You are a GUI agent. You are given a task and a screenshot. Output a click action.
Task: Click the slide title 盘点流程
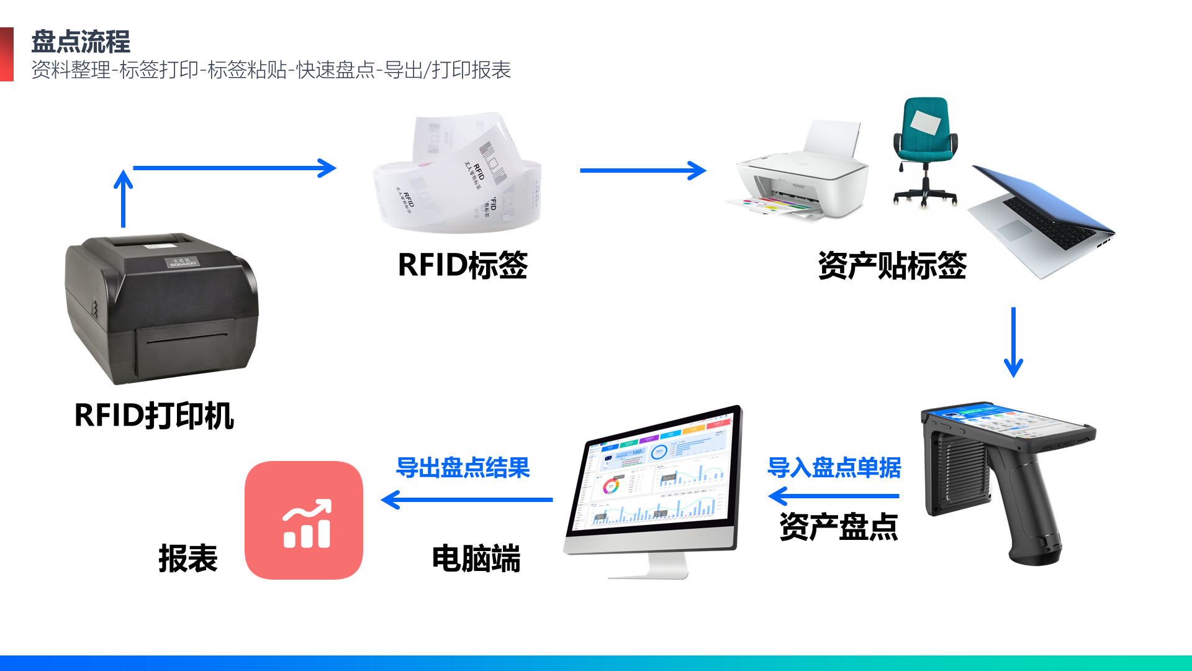[x=81, y=42]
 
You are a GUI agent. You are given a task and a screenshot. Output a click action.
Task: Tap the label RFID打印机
[x=154, y=416]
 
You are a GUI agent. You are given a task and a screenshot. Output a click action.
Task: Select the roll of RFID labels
[x=458, y=177]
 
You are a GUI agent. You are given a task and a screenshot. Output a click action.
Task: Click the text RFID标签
[x=463, y=265]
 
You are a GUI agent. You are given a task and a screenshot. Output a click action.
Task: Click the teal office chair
[x=925, y=149]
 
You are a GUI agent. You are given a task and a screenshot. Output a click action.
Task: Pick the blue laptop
[x=1043, y=221]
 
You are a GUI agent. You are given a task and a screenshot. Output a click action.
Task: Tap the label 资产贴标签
[x=892, y=265]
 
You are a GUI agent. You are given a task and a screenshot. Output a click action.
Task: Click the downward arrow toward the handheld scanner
[x=1013, y=342]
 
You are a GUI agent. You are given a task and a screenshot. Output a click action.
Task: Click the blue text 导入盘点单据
[x=834, y=467]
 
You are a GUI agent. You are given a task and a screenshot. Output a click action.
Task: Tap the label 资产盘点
[x=839, y=527]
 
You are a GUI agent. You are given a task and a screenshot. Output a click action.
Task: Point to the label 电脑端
[x=476, y=558]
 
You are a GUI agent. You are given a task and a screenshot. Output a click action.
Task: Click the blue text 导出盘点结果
[x=463, y=467]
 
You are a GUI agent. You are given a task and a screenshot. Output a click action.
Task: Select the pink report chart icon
[x=304, y=520]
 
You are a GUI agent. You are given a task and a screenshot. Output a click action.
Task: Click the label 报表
[x=187, y=558]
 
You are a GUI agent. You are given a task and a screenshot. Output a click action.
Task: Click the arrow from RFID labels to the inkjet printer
[x=643, y=170]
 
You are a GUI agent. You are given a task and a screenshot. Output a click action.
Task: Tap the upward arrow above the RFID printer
[x=124, y=199]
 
